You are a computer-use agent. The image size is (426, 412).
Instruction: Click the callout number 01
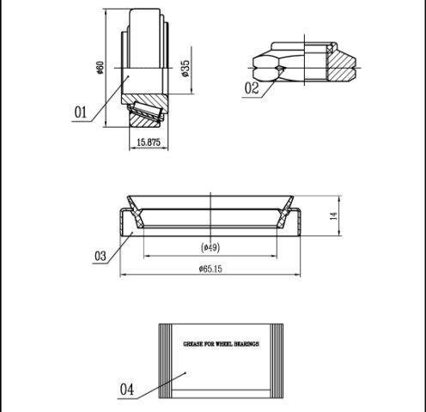coord(80,112)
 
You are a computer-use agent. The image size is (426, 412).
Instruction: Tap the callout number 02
coord(252,88)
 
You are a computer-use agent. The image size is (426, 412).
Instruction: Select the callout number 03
coord(100,256)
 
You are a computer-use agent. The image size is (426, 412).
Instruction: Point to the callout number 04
coord(127,390)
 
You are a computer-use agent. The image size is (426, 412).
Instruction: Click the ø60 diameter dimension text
coord(100,68)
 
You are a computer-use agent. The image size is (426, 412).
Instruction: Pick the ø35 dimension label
coord(186,69)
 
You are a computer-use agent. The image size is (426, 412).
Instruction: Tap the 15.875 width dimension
coord(149,142)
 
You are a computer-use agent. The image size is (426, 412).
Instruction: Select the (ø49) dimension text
coord(210,247)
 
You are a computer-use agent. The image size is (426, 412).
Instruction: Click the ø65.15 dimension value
coord(210,269)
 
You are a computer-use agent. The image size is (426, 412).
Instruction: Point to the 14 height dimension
coord(334,216)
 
